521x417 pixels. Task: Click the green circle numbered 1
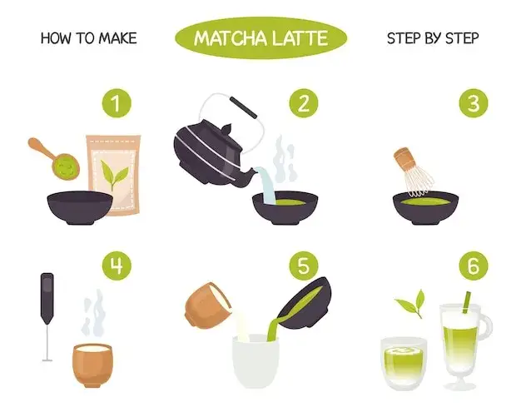[x=117, y=103]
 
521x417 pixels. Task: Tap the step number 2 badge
[x=304, y=103]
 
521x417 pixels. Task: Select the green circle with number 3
[x=474, y=103]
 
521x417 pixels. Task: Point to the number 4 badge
[x=117, y=266]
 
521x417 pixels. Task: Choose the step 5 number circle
[x=304, y=266]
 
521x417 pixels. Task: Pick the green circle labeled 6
[x=474, y=266]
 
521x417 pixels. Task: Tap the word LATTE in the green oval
[x=300, y=38]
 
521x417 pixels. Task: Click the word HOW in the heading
[x=56, y=38]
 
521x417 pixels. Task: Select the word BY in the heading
[x=433, y=38]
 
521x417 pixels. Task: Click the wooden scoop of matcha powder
[x=55, y=158]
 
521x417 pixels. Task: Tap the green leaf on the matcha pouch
[x=114, y=174]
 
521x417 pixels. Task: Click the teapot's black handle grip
[x=244, y=107]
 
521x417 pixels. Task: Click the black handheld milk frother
[x=47, y=316]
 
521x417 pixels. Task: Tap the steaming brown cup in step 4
[x=92, y=365]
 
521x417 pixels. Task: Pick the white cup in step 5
[x=256, y=361]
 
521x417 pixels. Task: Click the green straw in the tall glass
[x=466, y=302]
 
